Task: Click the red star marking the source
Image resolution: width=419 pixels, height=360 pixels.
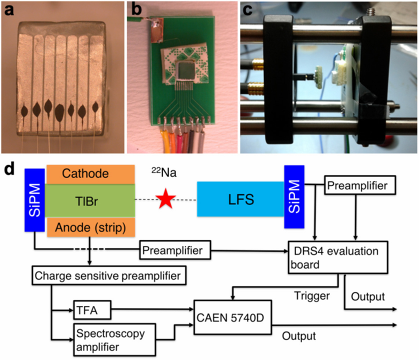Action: [166, 199]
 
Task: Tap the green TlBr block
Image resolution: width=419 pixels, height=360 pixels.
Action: [90, 201]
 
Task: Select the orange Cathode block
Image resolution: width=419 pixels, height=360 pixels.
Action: [91, 174]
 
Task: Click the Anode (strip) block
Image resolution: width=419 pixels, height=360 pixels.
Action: [91, 227]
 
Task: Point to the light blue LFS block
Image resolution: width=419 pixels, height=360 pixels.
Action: [241, 199]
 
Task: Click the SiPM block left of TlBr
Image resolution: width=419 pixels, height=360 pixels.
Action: [35, 200]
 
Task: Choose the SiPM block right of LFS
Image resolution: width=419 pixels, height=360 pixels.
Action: [294, 197]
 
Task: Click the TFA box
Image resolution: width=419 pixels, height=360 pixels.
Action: [92, 310]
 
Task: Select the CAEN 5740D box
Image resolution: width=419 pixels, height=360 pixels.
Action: [233, 317]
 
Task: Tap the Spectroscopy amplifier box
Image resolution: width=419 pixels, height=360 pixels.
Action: [115, 340]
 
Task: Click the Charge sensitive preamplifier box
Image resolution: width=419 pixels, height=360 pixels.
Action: [109, 276]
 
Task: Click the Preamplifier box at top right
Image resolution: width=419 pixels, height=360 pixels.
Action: [360, 185]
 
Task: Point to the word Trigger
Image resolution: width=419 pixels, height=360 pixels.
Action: [312, 296]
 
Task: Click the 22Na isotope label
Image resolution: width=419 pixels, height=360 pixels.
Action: [164, 172]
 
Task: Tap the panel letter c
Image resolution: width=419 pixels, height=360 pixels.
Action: [247, 9]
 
